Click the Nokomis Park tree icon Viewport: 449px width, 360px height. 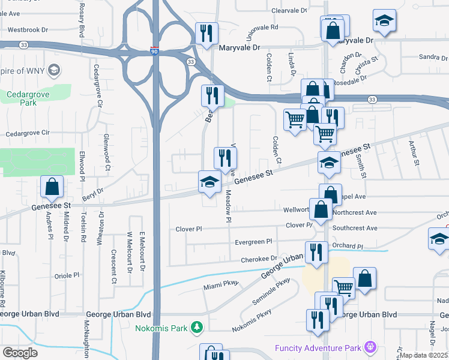coord(196,327)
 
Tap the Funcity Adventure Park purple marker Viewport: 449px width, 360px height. coord(370,347)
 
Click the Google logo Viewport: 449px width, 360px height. coord(20,352)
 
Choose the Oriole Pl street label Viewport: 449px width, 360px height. coord(67,275)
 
